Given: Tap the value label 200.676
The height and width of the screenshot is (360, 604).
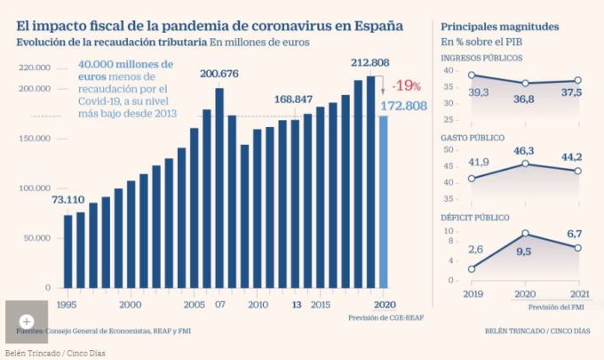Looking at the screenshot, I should (224, 73).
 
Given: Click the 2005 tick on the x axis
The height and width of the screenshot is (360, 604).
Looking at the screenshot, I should (194, 304).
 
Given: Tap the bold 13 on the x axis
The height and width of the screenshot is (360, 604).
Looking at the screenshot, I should (296, 304).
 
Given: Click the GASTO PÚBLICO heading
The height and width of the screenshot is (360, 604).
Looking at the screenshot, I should (473, 138).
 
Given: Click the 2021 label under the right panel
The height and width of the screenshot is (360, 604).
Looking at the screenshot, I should (578, 293).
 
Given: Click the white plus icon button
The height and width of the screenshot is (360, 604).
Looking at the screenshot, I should (27, 321).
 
